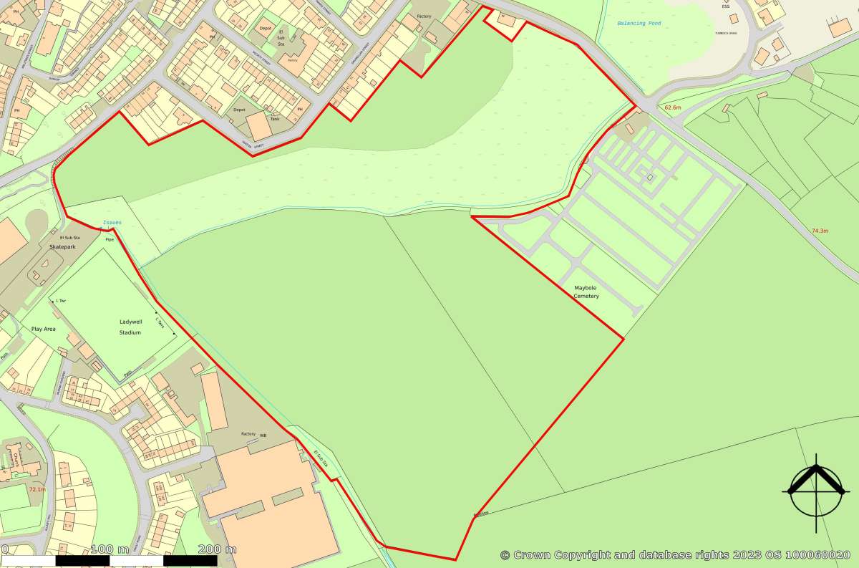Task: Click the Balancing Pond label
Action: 639,24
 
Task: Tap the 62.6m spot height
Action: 674,107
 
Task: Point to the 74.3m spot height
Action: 820,231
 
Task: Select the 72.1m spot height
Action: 37,489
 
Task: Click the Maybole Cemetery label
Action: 586,292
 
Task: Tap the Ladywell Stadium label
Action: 130,327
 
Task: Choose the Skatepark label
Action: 62,246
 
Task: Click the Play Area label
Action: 44,329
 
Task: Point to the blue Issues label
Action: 112,223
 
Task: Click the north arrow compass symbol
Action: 817,491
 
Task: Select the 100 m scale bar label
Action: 111,549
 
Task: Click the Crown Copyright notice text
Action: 675,554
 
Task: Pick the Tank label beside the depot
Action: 275,119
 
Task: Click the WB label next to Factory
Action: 263,435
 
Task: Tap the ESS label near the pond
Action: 726,6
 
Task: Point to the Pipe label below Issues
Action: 110,239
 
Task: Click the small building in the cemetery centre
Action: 650,177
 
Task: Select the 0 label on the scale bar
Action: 4,549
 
